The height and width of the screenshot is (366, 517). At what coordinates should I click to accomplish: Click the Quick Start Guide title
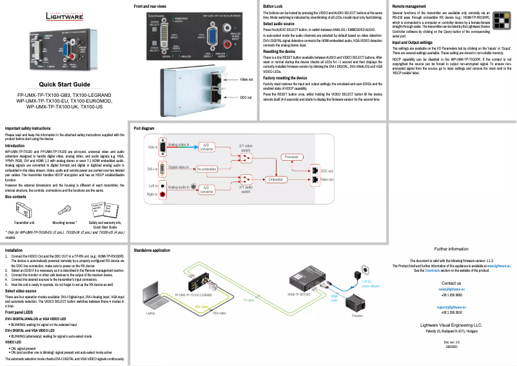click(64, 85)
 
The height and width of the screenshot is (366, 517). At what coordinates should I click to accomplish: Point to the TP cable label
click(248, 300)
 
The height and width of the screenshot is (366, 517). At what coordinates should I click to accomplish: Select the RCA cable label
click(219, 311)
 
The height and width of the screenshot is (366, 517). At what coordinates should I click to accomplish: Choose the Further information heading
click(451, 249)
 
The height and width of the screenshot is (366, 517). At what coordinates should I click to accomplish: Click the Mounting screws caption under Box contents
click(64, 221)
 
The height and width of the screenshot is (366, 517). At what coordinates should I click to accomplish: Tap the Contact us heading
click(451, 283)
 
